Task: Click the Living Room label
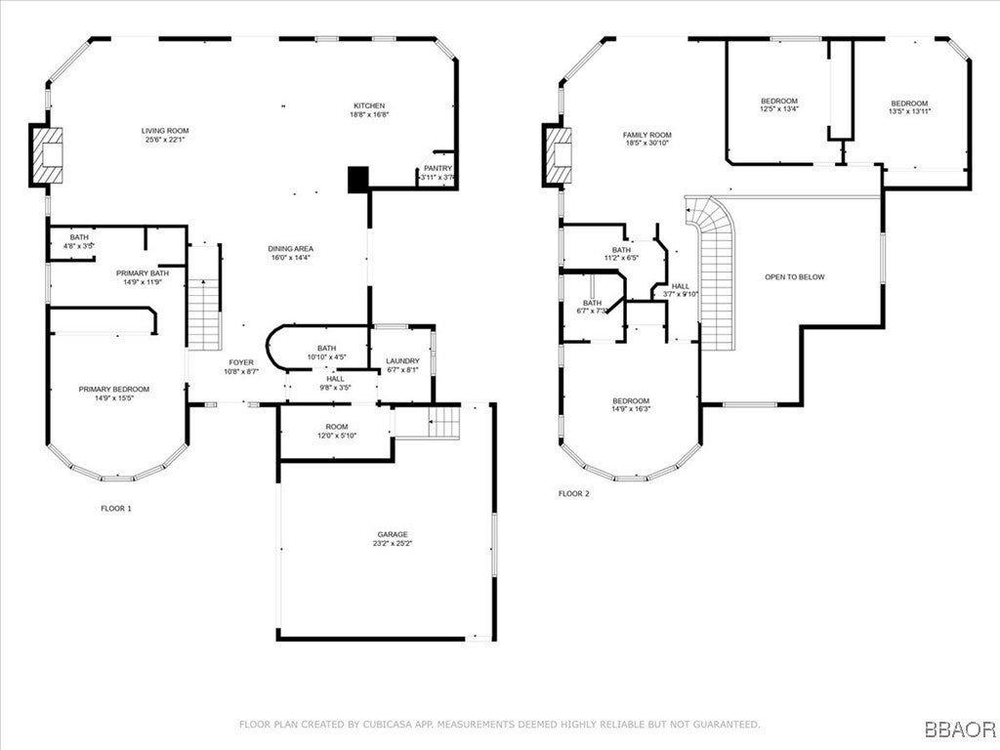point(165,131)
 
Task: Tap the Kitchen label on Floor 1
point(369,105)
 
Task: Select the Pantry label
point(437,169)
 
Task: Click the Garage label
point(393,534)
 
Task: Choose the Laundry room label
point(401,361)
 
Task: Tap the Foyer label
point(241,362)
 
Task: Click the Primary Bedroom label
point(112,389)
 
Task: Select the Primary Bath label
point(143,273)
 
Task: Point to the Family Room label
point(647,136)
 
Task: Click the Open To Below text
point(794,277)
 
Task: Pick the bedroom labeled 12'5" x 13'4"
point(779,102)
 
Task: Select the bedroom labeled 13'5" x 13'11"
point(908,104)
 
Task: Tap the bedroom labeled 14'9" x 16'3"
point(631,401)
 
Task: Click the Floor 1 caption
point(115,509)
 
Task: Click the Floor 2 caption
point(574,494)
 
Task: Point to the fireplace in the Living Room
point(45,155)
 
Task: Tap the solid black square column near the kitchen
point(358,179)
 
